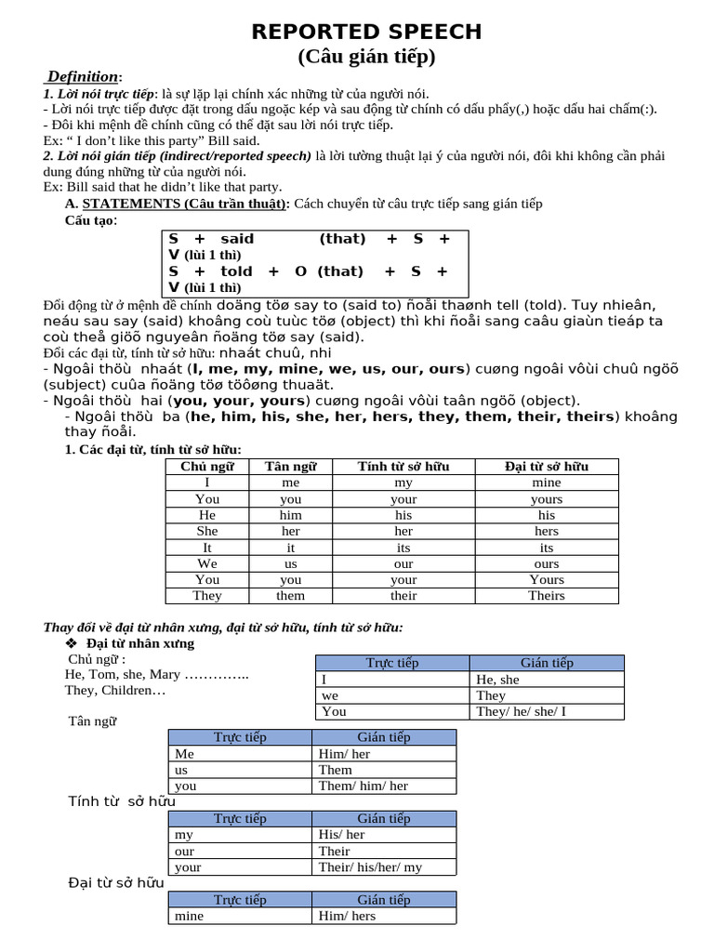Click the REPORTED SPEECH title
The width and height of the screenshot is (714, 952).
(366, 32)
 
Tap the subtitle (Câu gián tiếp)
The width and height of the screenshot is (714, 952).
(366, 57)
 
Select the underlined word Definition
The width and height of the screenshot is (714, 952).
(83, 76)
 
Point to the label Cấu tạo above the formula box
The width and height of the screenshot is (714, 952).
(90, 220)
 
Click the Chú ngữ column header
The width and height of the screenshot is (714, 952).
(207, 467)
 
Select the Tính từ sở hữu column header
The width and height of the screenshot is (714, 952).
(403, 467)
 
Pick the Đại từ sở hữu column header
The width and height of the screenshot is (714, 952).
(546, 467)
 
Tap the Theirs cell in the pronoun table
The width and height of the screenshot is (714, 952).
(546, 595)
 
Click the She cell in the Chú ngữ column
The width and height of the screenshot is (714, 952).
(207, 531)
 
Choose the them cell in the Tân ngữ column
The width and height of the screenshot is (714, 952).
(290, 595)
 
